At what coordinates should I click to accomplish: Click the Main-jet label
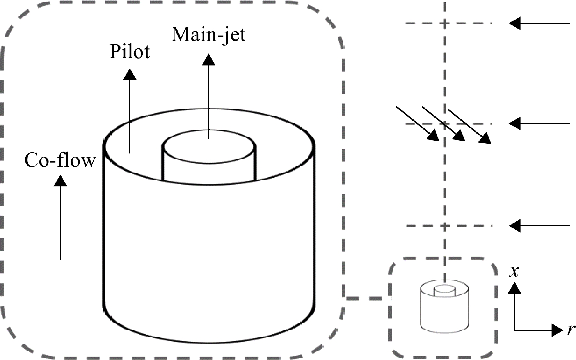point(208,35)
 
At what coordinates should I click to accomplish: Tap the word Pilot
point(130,52)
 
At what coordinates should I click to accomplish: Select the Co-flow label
point(60,160)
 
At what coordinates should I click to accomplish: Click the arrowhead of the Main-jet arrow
point(208,59)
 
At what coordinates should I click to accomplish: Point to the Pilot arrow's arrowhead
point(130,74)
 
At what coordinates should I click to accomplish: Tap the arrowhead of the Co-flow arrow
point(60,180)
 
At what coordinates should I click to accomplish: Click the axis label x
point(514,272)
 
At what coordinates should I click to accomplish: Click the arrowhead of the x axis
point(515,288)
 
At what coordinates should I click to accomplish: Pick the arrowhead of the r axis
point(557,330)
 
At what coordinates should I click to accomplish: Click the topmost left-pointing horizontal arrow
point(539,23)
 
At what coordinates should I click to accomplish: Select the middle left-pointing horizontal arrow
point(539,123)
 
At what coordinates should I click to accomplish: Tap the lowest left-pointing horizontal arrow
point(539,226)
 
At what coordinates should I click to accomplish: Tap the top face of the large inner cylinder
point(209,146)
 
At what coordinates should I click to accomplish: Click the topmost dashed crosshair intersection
point(444,23)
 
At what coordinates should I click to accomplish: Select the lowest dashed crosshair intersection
point(445,226)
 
